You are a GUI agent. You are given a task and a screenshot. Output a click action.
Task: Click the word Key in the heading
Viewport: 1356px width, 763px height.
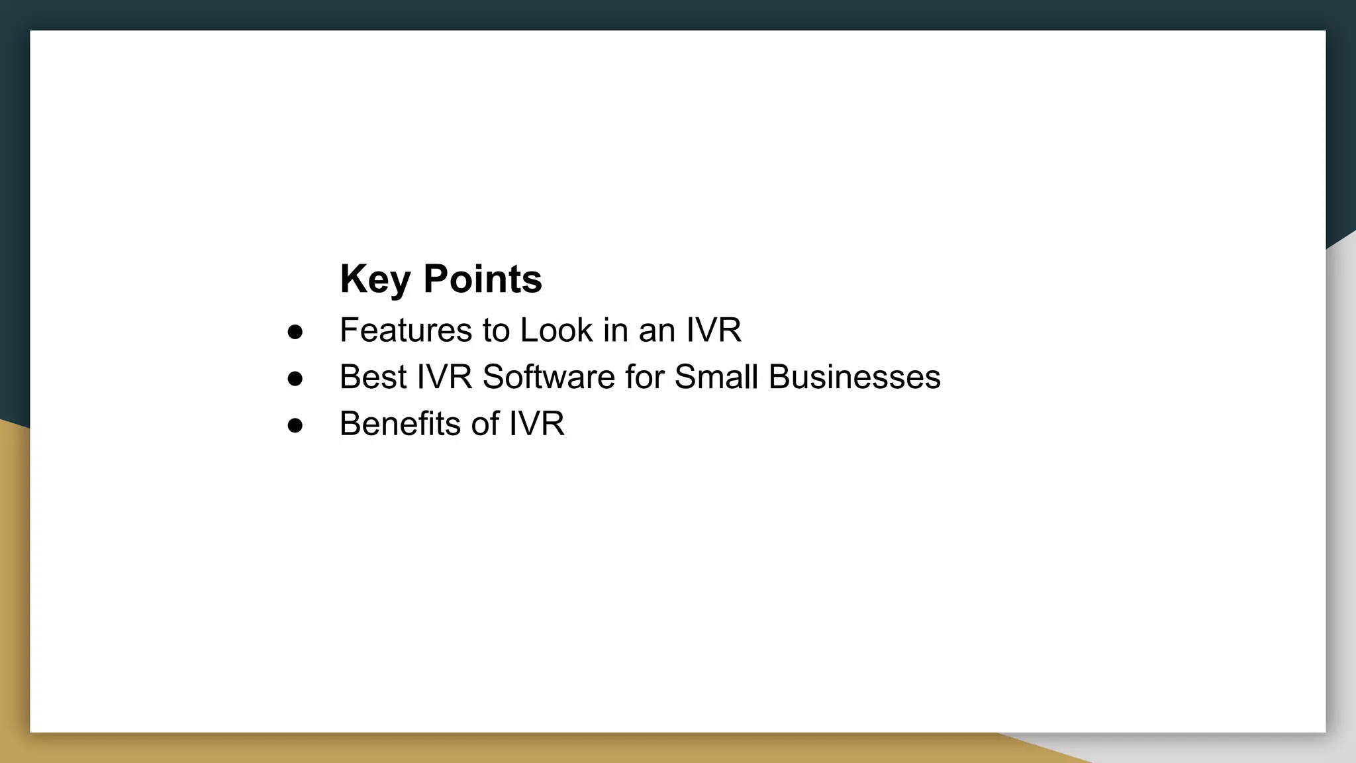(x=374, y=279)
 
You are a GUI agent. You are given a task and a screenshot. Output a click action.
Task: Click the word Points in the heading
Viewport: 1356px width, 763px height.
(x=483, y=279)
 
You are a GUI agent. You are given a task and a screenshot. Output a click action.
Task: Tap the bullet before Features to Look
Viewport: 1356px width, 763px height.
(x=295, y=331)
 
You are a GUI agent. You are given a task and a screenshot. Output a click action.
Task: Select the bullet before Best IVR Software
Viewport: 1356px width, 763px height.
(x=295, y=378)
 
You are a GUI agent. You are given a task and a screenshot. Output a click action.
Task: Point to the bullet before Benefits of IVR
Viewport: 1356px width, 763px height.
(x=295, y=425)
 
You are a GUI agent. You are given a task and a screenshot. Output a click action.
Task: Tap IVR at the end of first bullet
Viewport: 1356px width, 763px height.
(x=714, y=330)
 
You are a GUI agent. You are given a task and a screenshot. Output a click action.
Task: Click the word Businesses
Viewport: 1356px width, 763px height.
(x=854, y=377)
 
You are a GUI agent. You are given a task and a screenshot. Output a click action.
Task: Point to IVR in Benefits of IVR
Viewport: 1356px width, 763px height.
(x=536, y=424)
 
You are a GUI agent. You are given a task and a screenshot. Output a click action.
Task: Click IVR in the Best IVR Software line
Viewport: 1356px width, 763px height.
(x=444, y=377)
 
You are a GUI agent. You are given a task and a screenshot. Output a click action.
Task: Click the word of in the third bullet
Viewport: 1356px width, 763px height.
(x=485, y=424)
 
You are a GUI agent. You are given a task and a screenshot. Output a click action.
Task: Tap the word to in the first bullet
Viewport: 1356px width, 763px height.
(x=496, y=330)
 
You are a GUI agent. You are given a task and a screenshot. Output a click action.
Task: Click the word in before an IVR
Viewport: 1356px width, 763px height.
(x=615, y=330)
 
